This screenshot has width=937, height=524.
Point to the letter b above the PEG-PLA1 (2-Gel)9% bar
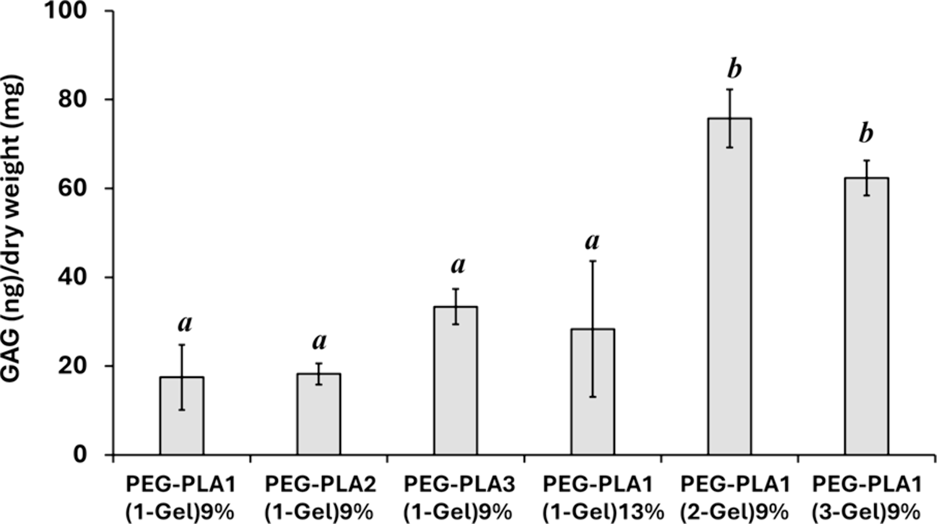[734, 69]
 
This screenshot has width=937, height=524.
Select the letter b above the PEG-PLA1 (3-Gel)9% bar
[866, 133]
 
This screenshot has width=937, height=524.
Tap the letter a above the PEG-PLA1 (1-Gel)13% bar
[593, 242]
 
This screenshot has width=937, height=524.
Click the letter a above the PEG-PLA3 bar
[458, 266]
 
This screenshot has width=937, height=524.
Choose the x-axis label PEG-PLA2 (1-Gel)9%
[320, 498]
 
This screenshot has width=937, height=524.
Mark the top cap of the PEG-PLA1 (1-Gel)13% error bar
[593, 261]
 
